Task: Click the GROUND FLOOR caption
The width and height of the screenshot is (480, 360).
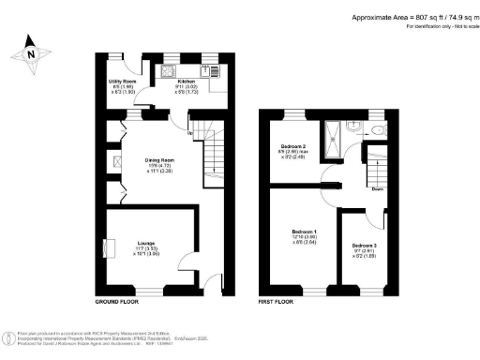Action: tap(118, 303)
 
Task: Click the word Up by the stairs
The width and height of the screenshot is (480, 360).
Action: tap(192, 132)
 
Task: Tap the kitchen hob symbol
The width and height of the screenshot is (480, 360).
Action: tap(170, 70)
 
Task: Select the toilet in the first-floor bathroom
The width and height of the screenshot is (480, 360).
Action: tap(377, 130)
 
